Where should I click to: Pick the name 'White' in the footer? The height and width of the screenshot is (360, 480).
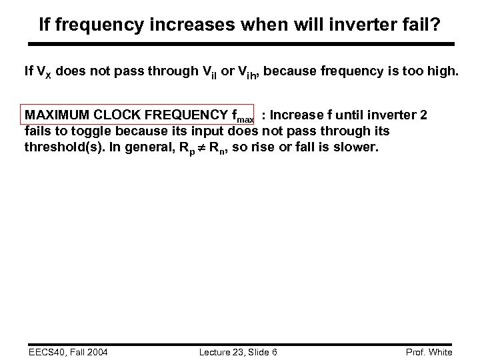pyautogui.click(x=440, y=352)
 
